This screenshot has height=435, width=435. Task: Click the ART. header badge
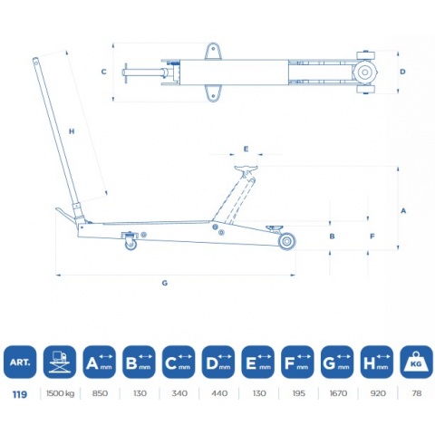pos(20,362)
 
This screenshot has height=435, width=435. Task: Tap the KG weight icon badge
pos(416,362)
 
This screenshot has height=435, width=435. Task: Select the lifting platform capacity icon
pos(60,362)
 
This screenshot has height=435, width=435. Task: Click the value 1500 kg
pos(60,393)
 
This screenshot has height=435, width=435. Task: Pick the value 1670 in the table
pos(338,393)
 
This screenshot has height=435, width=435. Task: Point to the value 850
pos(100,393)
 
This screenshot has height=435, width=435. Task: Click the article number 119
pos(20,394)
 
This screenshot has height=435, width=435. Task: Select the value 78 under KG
pos(417,393)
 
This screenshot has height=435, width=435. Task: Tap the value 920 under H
pos(378,393)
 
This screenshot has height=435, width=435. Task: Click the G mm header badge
pos(337,362)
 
